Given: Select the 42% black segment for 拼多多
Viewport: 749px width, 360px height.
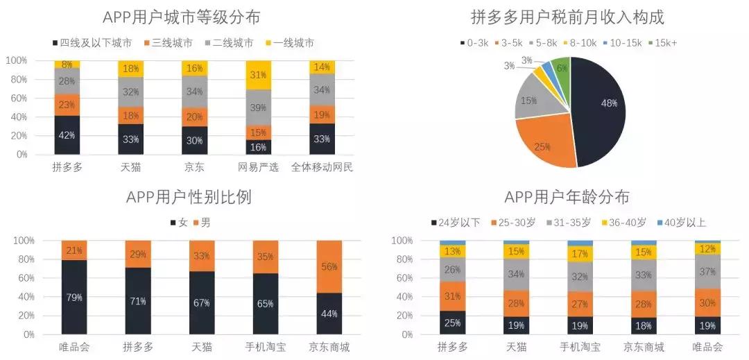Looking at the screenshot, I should tap(68, 135).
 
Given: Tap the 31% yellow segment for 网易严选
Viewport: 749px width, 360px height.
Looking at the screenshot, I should tap(259, 75).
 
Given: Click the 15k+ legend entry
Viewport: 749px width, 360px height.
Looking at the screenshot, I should tap(664, 43).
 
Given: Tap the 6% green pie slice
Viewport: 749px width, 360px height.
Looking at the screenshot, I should tap(560, 69).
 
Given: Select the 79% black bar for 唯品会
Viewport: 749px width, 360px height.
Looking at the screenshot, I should tap(74, 297).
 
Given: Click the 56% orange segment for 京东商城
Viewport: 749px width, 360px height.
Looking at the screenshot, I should tap(329, 266).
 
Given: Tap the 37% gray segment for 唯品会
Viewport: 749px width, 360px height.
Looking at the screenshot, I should tap(707, 271).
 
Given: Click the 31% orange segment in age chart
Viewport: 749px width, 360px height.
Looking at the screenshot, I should tap(452, 296).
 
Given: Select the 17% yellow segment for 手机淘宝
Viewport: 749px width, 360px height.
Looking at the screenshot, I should tap(580, 254).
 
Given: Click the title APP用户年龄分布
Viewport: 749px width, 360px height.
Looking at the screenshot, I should tap(567, 197).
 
